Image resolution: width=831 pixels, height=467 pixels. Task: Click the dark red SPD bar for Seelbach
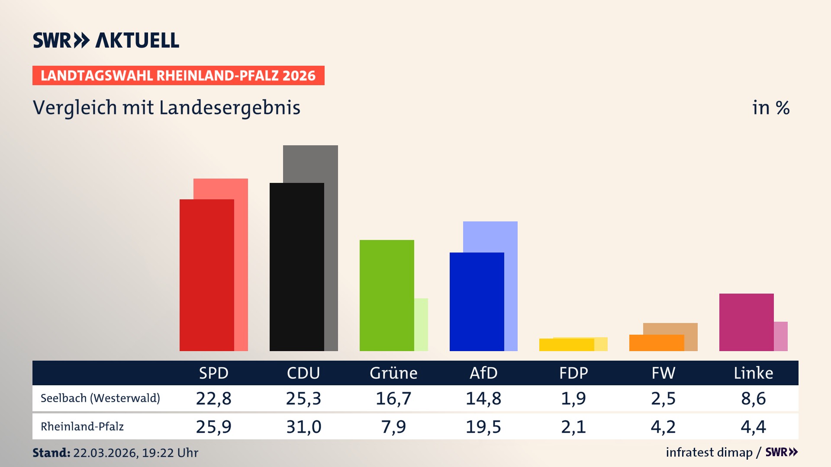(x=207, y=275)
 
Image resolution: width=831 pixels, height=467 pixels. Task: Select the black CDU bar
(x=296, y=267)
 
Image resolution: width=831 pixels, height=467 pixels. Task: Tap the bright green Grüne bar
(x=387, y=295)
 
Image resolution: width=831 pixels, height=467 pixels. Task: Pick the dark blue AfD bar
(x=477, y=301)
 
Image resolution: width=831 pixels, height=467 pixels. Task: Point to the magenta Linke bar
(x=746, y=322)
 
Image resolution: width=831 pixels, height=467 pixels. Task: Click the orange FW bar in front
(x=656, y=343)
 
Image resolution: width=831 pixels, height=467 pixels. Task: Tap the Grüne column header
(x=393, y=373)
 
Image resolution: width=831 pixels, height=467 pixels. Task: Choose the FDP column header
(x=573, y=373)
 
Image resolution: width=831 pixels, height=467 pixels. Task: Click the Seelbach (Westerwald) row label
(x=100, y=398)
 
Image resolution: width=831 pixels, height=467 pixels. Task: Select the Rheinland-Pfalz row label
(x=82, y=427)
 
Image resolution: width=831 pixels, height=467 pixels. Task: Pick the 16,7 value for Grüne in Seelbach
(x=393, y=398)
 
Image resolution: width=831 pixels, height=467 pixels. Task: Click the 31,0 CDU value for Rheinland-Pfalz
(x=303, y=427)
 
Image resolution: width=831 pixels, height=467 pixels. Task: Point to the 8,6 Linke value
(x=753, y=398)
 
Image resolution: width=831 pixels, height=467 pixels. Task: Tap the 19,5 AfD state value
(x=483, y=427)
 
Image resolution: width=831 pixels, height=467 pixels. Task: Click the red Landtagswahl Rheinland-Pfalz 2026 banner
(x=178, y=76)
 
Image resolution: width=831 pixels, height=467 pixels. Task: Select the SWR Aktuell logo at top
(x=106, y=41)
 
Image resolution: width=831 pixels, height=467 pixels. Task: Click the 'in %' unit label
(x=770, y=108)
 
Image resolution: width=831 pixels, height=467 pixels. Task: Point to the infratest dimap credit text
(x=709, y=452)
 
